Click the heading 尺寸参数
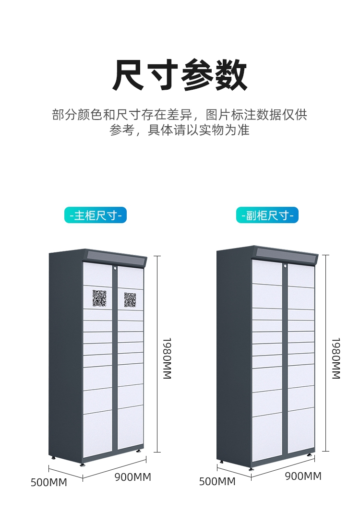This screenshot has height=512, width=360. click(180, 75)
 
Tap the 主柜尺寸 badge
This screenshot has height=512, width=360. click(96, 215)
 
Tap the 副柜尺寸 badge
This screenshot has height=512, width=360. click(267, 215)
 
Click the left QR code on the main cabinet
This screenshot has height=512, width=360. click(99, 298)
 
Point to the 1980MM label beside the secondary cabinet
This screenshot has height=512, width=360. click(336, 358)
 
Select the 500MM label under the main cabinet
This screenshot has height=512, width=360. click(49, 482)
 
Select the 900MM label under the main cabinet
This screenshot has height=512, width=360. click(133, 477)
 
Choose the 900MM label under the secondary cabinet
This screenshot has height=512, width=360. click(303, 476)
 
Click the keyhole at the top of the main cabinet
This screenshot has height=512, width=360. click(115, 268)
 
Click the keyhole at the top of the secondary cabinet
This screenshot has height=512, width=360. click(285, 265)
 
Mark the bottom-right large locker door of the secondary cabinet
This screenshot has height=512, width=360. click(301, 430)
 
